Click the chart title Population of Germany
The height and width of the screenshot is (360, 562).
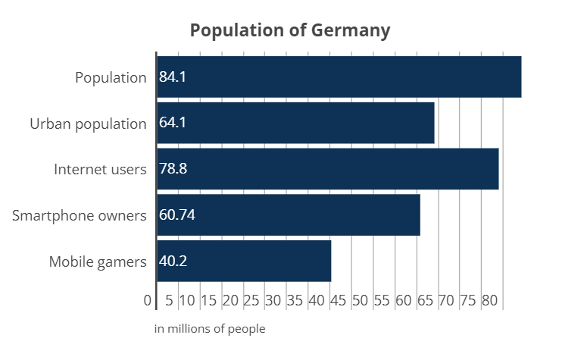coord(290,30)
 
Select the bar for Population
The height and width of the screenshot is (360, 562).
coord(339,77)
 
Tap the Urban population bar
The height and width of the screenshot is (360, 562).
coord(295,123)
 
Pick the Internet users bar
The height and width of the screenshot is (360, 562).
coord(328,169)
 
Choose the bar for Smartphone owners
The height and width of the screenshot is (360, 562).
coord(289,215)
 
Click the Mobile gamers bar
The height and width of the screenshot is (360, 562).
coord(244,261)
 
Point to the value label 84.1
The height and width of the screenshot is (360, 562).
coord(173,77)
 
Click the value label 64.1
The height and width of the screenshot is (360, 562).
coord(173,123)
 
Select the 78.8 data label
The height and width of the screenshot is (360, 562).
coord(173,169)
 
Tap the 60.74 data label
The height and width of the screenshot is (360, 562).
coord(177,215)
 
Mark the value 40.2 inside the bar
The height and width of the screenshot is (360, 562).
coord(173,261)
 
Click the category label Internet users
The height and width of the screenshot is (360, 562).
coord(100,169)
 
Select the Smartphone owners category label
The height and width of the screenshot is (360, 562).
coord(80,215)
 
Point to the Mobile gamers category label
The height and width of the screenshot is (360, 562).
coord(98,261)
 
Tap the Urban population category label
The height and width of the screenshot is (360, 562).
coord(88,123)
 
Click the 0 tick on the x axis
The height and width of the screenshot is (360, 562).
coord(148,301)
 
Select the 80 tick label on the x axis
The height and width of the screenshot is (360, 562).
coord(489,301)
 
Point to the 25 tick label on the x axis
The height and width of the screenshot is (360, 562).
coord(252,301)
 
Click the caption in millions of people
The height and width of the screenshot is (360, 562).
coord(211,329)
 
